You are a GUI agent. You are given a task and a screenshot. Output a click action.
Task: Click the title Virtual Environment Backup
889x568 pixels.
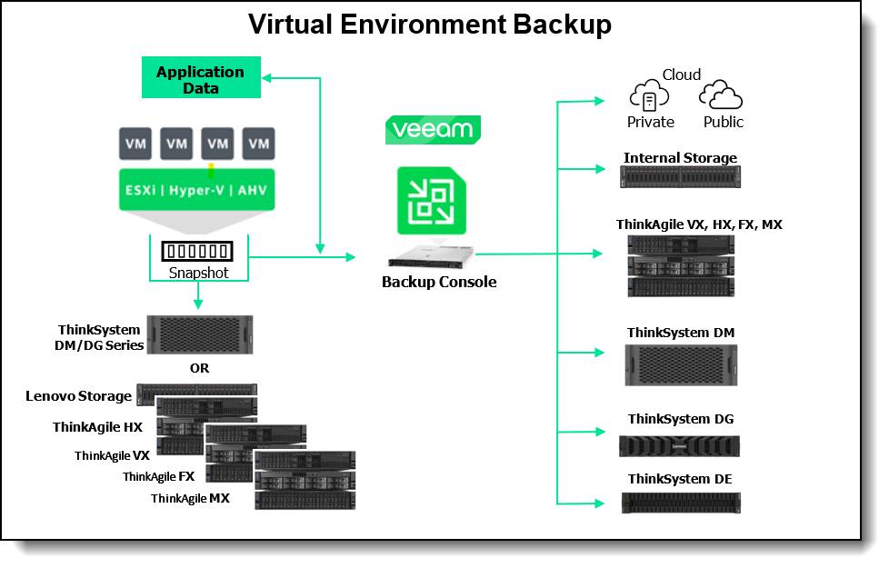coord(430,25)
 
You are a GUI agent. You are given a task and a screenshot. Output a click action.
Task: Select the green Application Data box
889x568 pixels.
coord(200,79)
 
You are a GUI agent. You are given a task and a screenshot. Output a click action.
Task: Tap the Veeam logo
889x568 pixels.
coord(433,129)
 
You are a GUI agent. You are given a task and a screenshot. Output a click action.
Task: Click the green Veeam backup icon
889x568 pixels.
coord(432,200)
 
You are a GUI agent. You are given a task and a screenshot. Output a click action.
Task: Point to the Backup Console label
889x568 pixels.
coord(439,282)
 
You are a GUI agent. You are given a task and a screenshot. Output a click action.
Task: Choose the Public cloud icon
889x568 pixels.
coord(722,95)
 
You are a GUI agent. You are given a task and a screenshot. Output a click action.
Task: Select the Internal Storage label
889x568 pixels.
coord(680,158)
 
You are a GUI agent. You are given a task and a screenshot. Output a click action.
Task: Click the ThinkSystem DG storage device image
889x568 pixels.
coord(679,446)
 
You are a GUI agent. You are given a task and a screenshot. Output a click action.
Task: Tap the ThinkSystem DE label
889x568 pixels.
coord(680,479)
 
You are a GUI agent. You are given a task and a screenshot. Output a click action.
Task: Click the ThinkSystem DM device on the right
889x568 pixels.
coord(680,365)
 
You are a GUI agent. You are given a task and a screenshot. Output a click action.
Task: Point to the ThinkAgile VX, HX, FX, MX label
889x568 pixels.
coord(698,224)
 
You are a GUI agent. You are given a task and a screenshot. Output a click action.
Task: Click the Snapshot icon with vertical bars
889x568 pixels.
coord(197,251)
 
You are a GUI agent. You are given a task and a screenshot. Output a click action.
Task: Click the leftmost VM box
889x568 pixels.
coord(135,144)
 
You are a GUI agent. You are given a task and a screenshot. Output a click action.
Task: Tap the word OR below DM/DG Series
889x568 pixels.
coord(199,368)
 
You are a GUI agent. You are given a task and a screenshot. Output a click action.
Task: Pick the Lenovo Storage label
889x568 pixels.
coord(78,396)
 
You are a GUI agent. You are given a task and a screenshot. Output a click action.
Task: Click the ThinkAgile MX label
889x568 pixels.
coord(190,498)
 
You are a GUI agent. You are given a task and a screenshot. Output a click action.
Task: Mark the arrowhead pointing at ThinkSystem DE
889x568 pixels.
coord(599,502)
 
